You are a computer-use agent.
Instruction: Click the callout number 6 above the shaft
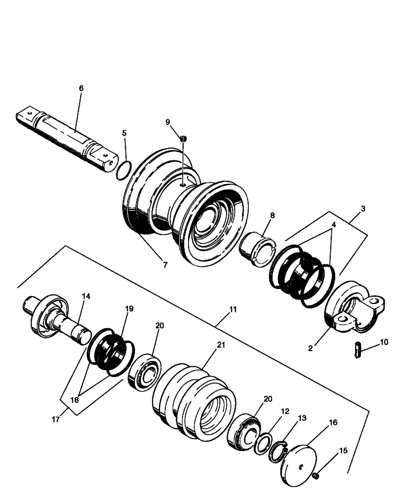click(81, 88)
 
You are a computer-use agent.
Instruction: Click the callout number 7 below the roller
click(165, 265)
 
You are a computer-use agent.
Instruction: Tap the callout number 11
click(233, 309)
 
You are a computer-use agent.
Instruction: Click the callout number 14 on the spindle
click(86, 296)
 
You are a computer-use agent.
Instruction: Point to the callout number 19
click(129, 308)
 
